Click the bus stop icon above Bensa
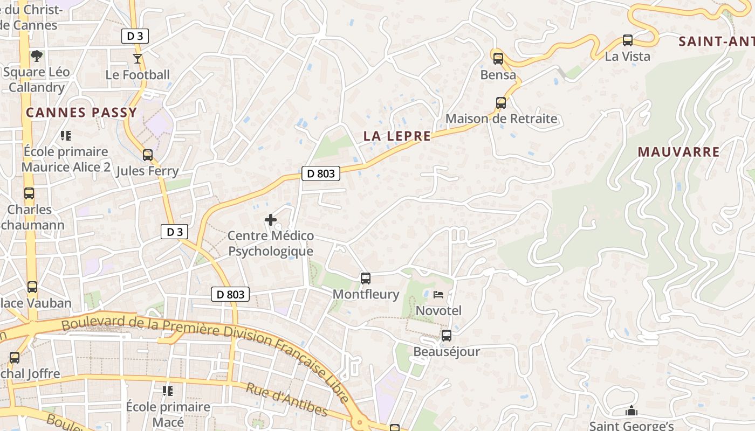tap(498, 59)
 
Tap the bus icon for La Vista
tap(628, 40)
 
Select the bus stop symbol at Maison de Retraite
tap(501, 102)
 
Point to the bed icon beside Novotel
tap(438, 295)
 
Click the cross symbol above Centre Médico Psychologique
tap(271, 220)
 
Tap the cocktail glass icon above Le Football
tap(138, 58)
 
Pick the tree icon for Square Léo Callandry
tap(37, 55)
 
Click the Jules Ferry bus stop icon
tap(148, 155)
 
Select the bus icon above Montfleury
tap(366, 279)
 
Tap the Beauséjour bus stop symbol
tap(447, 336)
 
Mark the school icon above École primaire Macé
tap(168, 391)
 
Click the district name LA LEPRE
tap(397, 136)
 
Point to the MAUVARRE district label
tap(678, 152)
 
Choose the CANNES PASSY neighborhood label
tap(81, 113)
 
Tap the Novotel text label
tap(438, 311)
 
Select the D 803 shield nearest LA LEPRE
tap(321, 173)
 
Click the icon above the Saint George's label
tap(632, 411)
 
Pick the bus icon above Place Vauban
tap(32, 287)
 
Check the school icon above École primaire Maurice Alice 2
tap(66, 136)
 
